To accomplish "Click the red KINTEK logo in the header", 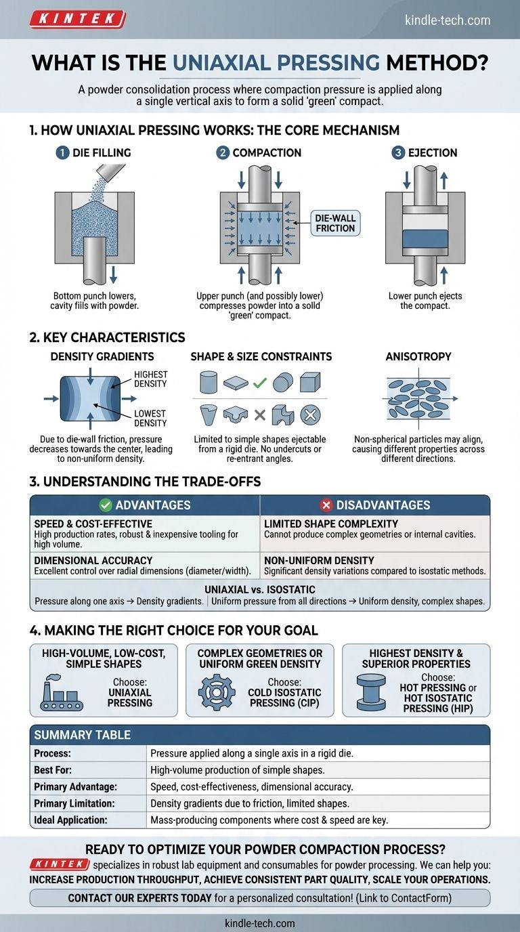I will pyautogui.click(x=77, y=19).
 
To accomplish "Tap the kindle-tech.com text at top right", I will pyautogui.click(x=447, y=20).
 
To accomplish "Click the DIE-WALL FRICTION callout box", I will pyautogui.click(x=334, y=222).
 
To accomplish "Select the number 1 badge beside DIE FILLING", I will pyautogui.click(x=62, y=153).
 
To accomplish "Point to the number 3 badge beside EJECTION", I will pyautogui.click(x=397, y=153).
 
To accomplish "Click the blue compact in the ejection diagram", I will pyautogui.click(x=425, y=239).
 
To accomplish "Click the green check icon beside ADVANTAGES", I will pyautogui.click(x=105, y=505).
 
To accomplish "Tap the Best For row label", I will pyautogui.click(x=53, y=769).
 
